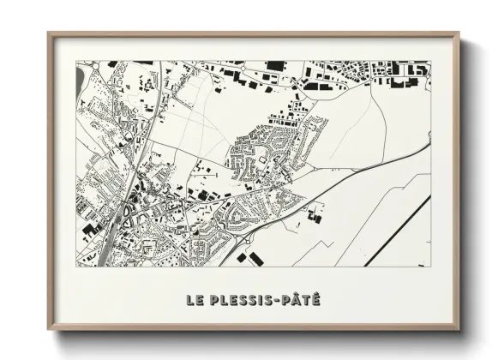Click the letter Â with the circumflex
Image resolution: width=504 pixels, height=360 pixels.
(x=297, y=300)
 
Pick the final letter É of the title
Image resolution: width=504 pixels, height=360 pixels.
(x=316, y=300)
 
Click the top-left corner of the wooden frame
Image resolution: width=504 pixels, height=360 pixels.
(x=49, y=34)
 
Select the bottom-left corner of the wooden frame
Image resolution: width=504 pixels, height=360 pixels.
(x=49, y=329)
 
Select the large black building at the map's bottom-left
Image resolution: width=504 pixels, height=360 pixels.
(x=89, y=230)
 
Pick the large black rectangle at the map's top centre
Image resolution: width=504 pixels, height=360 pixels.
(x=274, y=66)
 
